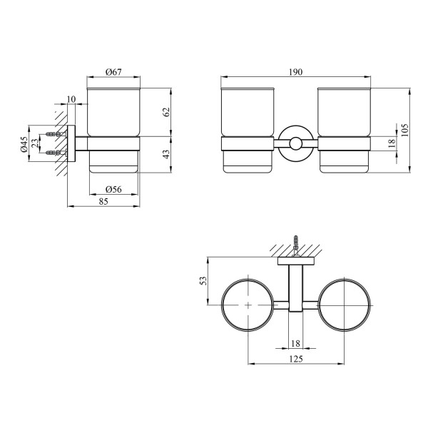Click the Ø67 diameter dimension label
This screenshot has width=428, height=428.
(113, 72)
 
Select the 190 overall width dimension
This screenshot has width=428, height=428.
(295, 72)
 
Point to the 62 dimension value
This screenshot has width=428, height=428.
(166, 112)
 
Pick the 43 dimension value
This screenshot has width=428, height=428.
(166, 154)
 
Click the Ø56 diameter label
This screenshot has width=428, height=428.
(113, 190)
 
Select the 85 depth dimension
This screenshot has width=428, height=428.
(103, 201)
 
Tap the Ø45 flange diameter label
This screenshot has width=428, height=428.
(24, 144)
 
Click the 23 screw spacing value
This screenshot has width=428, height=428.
(35, 143)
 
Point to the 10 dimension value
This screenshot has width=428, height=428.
(71, 99)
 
